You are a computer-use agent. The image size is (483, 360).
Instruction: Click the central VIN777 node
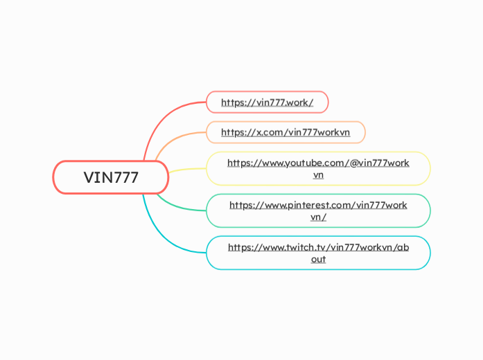111,177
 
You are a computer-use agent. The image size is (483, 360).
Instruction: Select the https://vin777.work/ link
267,102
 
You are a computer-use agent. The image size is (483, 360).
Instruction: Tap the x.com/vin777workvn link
285,132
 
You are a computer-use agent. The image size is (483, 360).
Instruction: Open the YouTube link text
318,163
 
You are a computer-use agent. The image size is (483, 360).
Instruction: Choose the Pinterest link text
318,205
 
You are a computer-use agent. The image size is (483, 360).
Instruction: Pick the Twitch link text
318,247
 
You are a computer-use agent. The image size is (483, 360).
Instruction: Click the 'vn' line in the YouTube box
318,175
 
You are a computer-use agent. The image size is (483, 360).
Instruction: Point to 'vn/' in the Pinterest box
318,217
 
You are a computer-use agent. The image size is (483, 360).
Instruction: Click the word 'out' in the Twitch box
318,259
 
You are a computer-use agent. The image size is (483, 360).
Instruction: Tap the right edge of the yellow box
430,168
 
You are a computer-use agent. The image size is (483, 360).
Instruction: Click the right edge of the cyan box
430,253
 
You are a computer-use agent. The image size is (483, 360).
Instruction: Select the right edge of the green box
430,210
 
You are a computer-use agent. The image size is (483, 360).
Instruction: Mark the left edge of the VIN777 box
54,177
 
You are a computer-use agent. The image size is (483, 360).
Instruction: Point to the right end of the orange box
365,132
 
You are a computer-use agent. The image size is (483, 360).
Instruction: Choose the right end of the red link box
327,102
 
